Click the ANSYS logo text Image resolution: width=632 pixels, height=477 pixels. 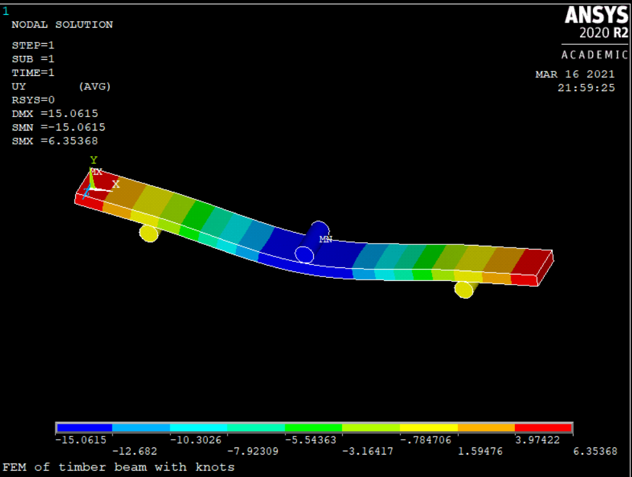tap(596, 15)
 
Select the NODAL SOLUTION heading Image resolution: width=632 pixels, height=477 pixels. tap(62, 24)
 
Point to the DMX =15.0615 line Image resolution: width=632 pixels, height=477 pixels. tap(55, 114)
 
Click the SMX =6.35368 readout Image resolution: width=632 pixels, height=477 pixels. tap(55, 141)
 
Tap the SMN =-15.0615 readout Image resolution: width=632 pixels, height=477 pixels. tap(59, 127)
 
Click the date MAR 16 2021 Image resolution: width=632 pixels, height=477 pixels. tap(575, 74)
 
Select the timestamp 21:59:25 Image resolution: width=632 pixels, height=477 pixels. tap(586, 88)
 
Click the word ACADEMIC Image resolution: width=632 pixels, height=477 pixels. tap(595, 55)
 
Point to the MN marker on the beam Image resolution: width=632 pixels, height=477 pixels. tap(326, 239)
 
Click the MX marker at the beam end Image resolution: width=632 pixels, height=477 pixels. tap(96, 172)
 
